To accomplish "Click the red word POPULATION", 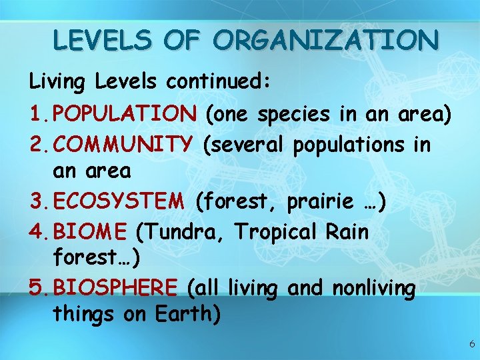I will [x=125, y=114].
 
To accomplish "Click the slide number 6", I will [x=471, y=344].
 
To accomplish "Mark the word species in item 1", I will [x=293, y=115].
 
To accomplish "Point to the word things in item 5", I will [x=83, y=314].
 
